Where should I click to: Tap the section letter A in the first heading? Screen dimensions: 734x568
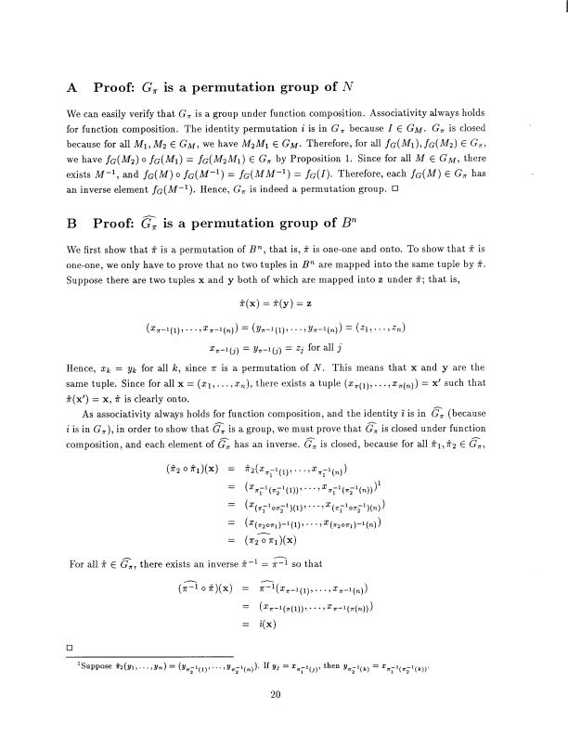72,90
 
